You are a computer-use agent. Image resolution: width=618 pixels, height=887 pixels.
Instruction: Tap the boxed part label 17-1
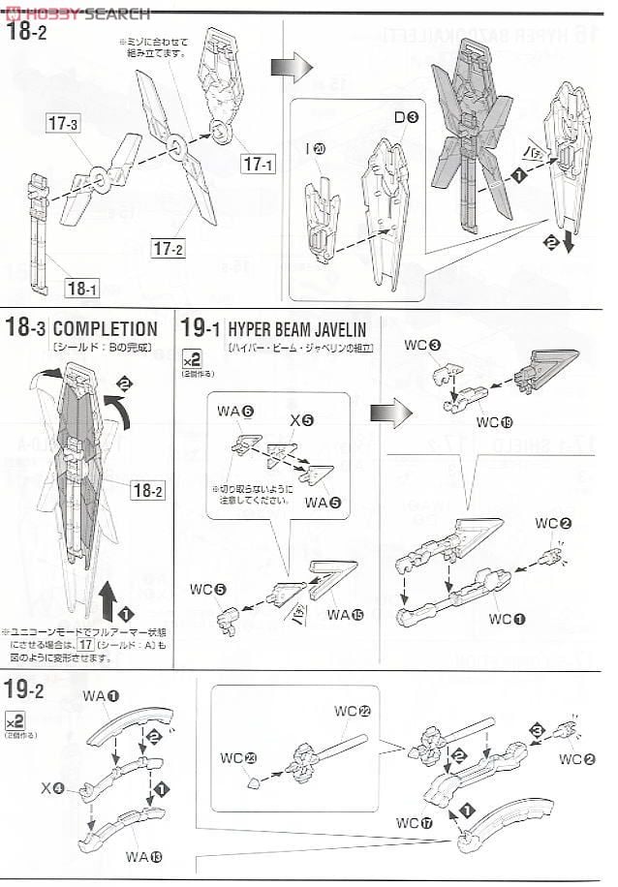(x=259, y=165)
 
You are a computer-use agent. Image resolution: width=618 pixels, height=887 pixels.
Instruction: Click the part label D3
(x=405, y=117)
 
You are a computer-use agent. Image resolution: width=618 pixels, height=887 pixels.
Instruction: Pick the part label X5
(x=301, y=421)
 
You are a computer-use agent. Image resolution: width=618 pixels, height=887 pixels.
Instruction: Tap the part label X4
(x=55, y=789)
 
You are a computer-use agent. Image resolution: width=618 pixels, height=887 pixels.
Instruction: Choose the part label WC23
(x=235, y=756)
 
